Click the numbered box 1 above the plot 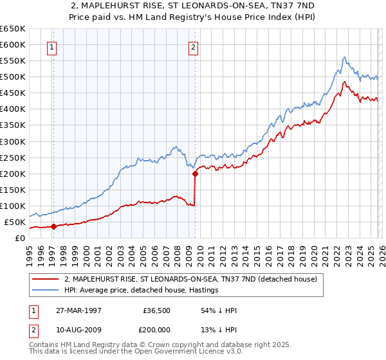[51, 46]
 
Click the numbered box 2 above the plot [193, 46]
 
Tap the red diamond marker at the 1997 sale [54, 226]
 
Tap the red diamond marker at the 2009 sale [195, 174]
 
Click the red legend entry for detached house [190, 280]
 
